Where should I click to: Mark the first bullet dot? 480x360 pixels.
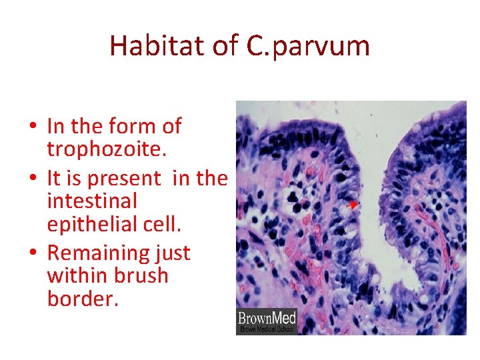pos(33,127)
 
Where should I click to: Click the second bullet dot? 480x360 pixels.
pos(33,179)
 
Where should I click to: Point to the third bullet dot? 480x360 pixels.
pos(33,253)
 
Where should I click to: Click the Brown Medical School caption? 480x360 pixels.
pos(265,329)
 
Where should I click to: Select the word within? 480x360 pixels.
pos(78,275)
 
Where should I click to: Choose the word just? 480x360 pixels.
pos(173,253)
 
